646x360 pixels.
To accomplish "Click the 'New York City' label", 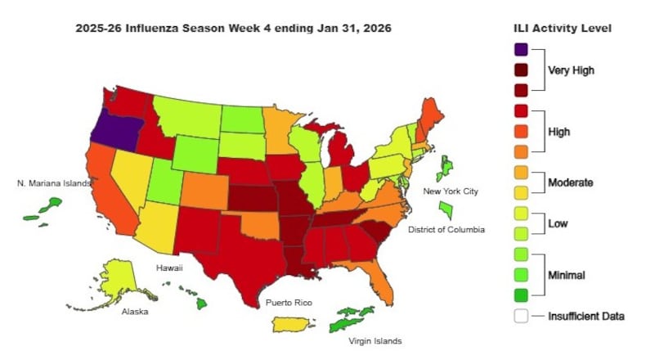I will (x=449, y=191).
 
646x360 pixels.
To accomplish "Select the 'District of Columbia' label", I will (x=448, y=230).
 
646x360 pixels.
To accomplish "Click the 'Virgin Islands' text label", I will (x=375, y=340).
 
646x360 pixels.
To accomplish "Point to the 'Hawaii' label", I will (x=169, y=268).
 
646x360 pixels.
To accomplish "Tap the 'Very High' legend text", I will (x=571, y=70).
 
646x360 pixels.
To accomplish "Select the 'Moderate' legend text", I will (x=571, y=182).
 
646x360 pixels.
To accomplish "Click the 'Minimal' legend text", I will (x=567, y=275).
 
